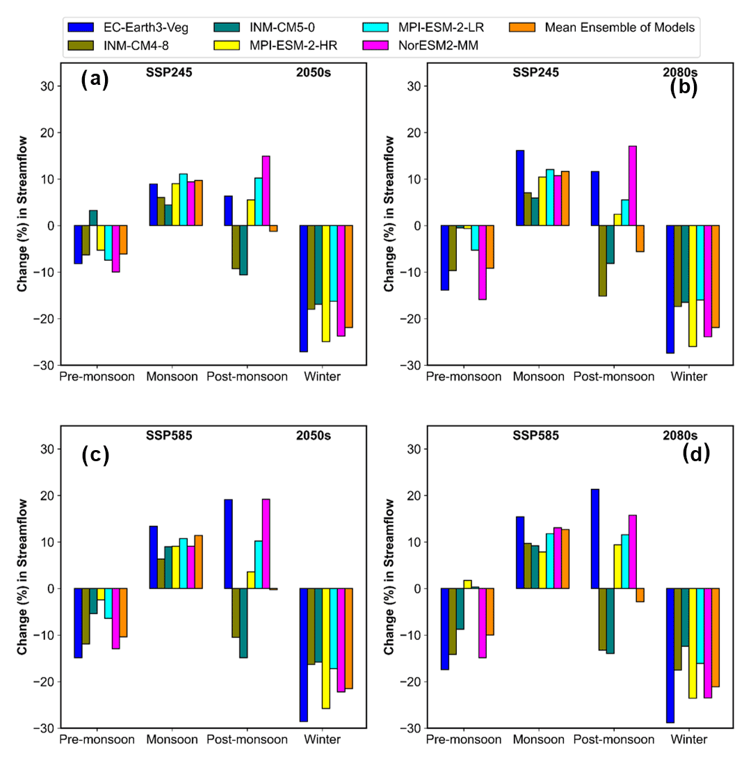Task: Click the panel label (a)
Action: click(95, 79)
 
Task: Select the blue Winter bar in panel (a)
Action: click(304, 289)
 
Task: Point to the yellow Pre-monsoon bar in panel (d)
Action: click(467, 584)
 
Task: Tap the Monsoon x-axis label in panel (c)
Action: click(170, 739)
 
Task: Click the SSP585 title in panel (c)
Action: click(168, 435)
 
